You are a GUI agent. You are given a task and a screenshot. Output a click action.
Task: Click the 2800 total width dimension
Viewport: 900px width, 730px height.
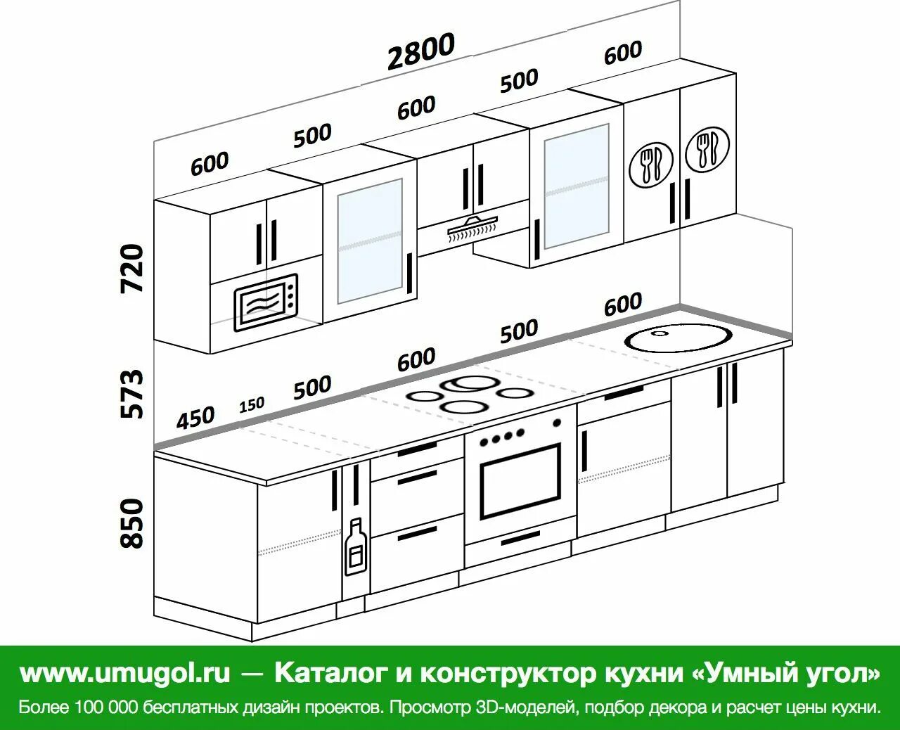(421, 51)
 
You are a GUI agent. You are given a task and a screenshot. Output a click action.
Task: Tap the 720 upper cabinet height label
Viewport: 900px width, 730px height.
(132, 268)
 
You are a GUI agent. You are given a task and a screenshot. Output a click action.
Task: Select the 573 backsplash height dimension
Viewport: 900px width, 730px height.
(132, 393)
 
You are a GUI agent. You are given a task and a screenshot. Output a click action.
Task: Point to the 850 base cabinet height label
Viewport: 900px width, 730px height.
(132, 523)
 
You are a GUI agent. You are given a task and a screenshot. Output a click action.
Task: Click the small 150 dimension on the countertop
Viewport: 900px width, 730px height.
(251, 405)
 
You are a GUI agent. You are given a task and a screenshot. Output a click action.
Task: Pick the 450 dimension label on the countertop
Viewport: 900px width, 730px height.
(195, 418)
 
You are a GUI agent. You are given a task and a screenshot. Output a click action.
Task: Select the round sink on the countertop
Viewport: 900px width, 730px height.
(679, 339)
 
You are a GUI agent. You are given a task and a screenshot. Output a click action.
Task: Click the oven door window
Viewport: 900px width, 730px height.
(520, 480)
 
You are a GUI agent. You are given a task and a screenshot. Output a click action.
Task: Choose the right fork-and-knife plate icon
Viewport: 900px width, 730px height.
(707, 150)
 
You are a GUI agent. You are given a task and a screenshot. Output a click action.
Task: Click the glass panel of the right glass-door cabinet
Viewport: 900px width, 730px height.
(576, 186)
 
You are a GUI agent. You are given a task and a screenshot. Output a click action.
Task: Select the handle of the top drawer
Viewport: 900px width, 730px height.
(416, 449)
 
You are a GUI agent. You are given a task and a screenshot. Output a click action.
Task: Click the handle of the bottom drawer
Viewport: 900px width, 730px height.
(416, 534)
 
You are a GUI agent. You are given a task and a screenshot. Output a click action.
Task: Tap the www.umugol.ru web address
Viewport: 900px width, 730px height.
(124, 673)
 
